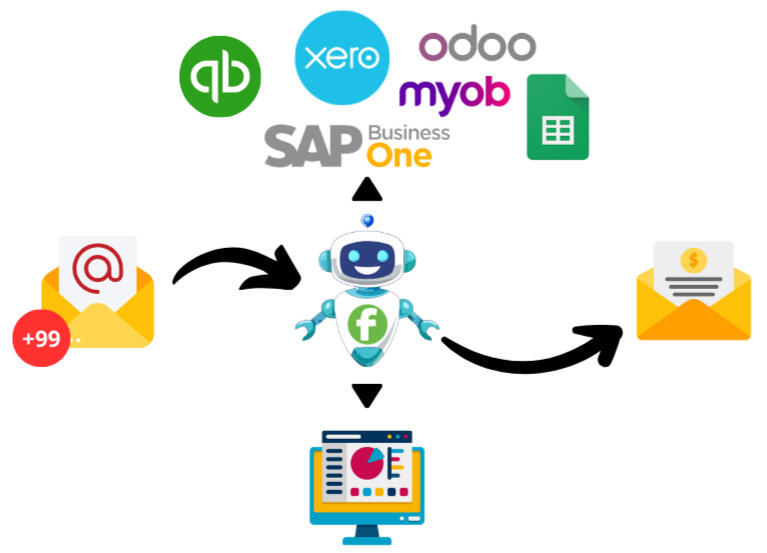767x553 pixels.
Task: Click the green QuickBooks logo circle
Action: [x=220, y=77]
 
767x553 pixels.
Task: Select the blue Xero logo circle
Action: [x=342, y=58]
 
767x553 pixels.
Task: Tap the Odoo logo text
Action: [x=477, y=45]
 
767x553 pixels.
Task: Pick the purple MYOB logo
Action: [x=454, y=95]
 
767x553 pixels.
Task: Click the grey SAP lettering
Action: [x=312, y=147]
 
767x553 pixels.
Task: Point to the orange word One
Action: [x=399, y=155]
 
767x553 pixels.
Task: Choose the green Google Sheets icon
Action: [x=557, y=117]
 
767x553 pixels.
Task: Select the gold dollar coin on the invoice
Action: [x=694, y=260]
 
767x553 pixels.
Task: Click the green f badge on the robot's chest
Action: [x=368, y=324]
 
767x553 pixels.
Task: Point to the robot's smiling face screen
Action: [x=367, y=263]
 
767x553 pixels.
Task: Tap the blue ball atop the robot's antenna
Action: [x=367, y=219]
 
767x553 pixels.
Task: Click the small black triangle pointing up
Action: [x=367, y=188]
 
